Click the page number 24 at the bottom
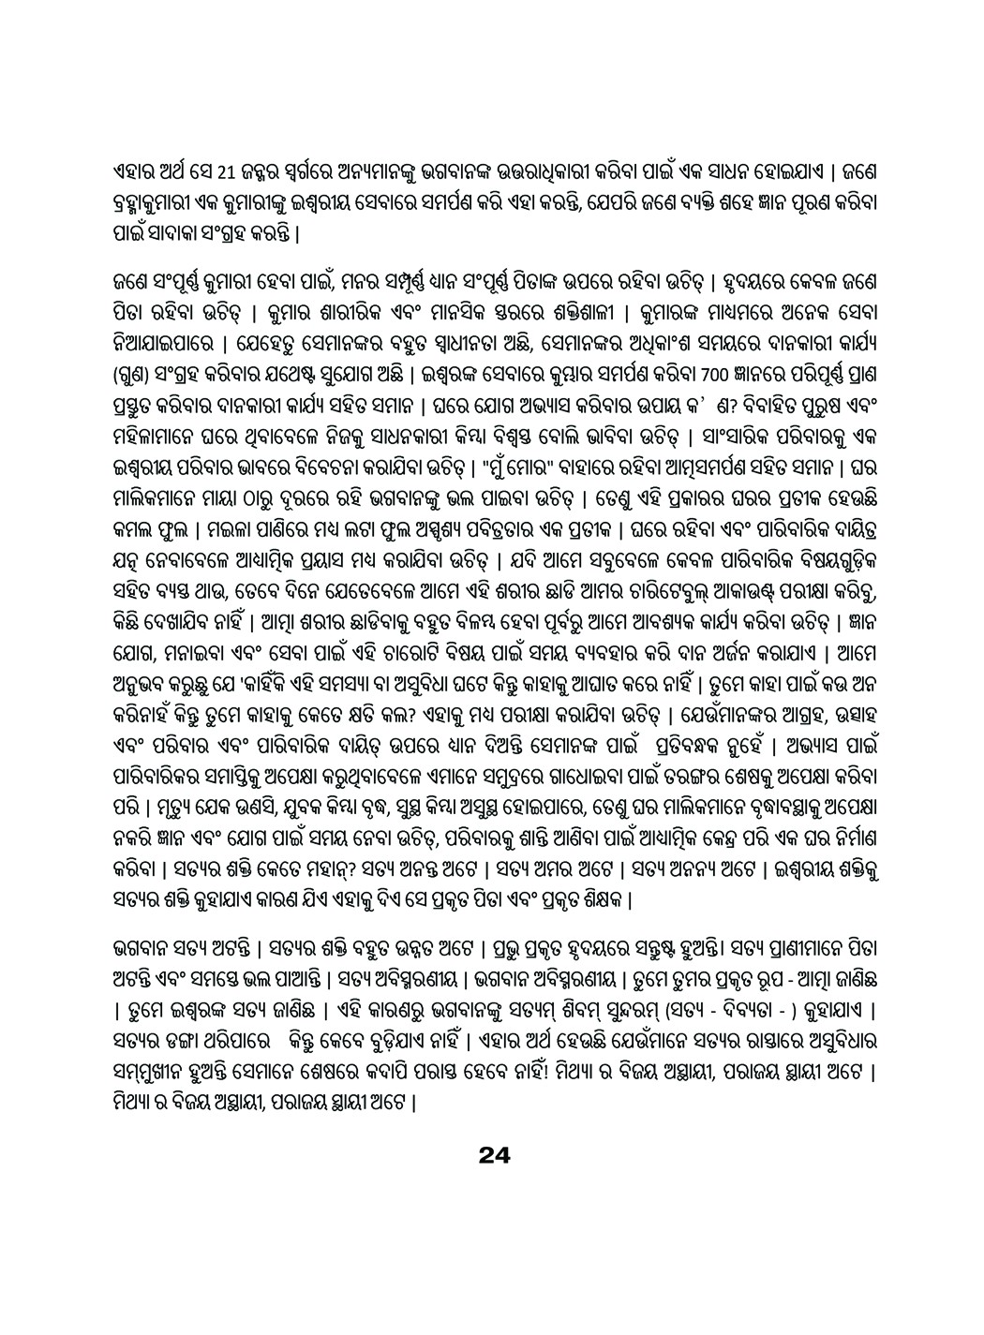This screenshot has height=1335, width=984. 492,1155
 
